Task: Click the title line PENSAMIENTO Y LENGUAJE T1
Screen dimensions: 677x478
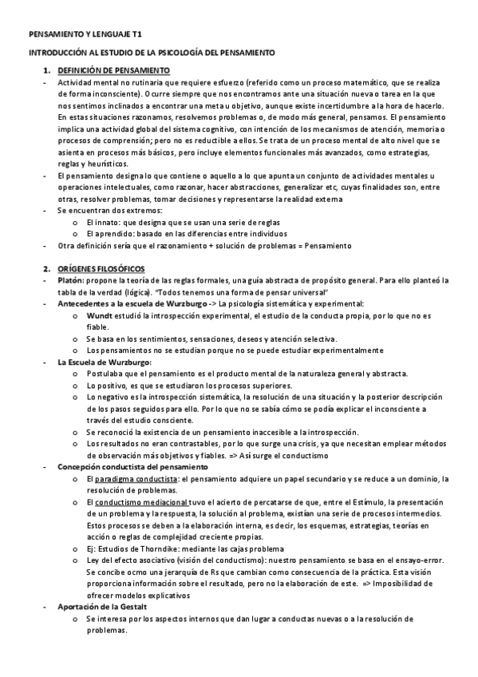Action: click(85, 36)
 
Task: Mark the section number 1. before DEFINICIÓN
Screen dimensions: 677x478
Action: click(46, 71)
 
